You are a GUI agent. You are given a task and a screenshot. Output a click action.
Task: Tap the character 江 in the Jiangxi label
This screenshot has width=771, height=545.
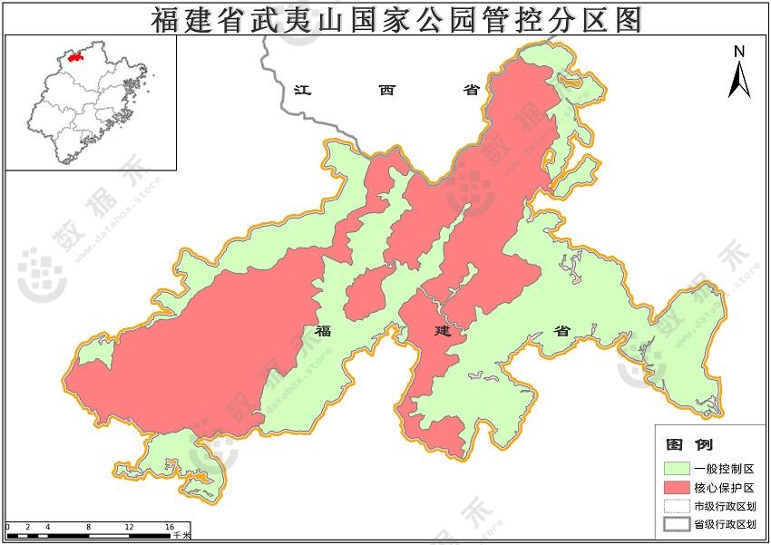[x=303, y=90]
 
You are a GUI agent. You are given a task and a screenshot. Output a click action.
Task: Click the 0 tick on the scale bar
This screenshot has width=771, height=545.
[x=7, y=527]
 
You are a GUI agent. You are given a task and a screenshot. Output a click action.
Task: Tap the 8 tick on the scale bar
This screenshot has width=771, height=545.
[x=88, y=527]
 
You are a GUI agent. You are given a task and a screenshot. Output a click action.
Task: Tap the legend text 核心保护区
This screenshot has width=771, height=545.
[x=718, y=488]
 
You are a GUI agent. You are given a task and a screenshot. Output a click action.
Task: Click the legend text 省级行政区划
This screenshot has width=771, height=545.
[x=725, y=524]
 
